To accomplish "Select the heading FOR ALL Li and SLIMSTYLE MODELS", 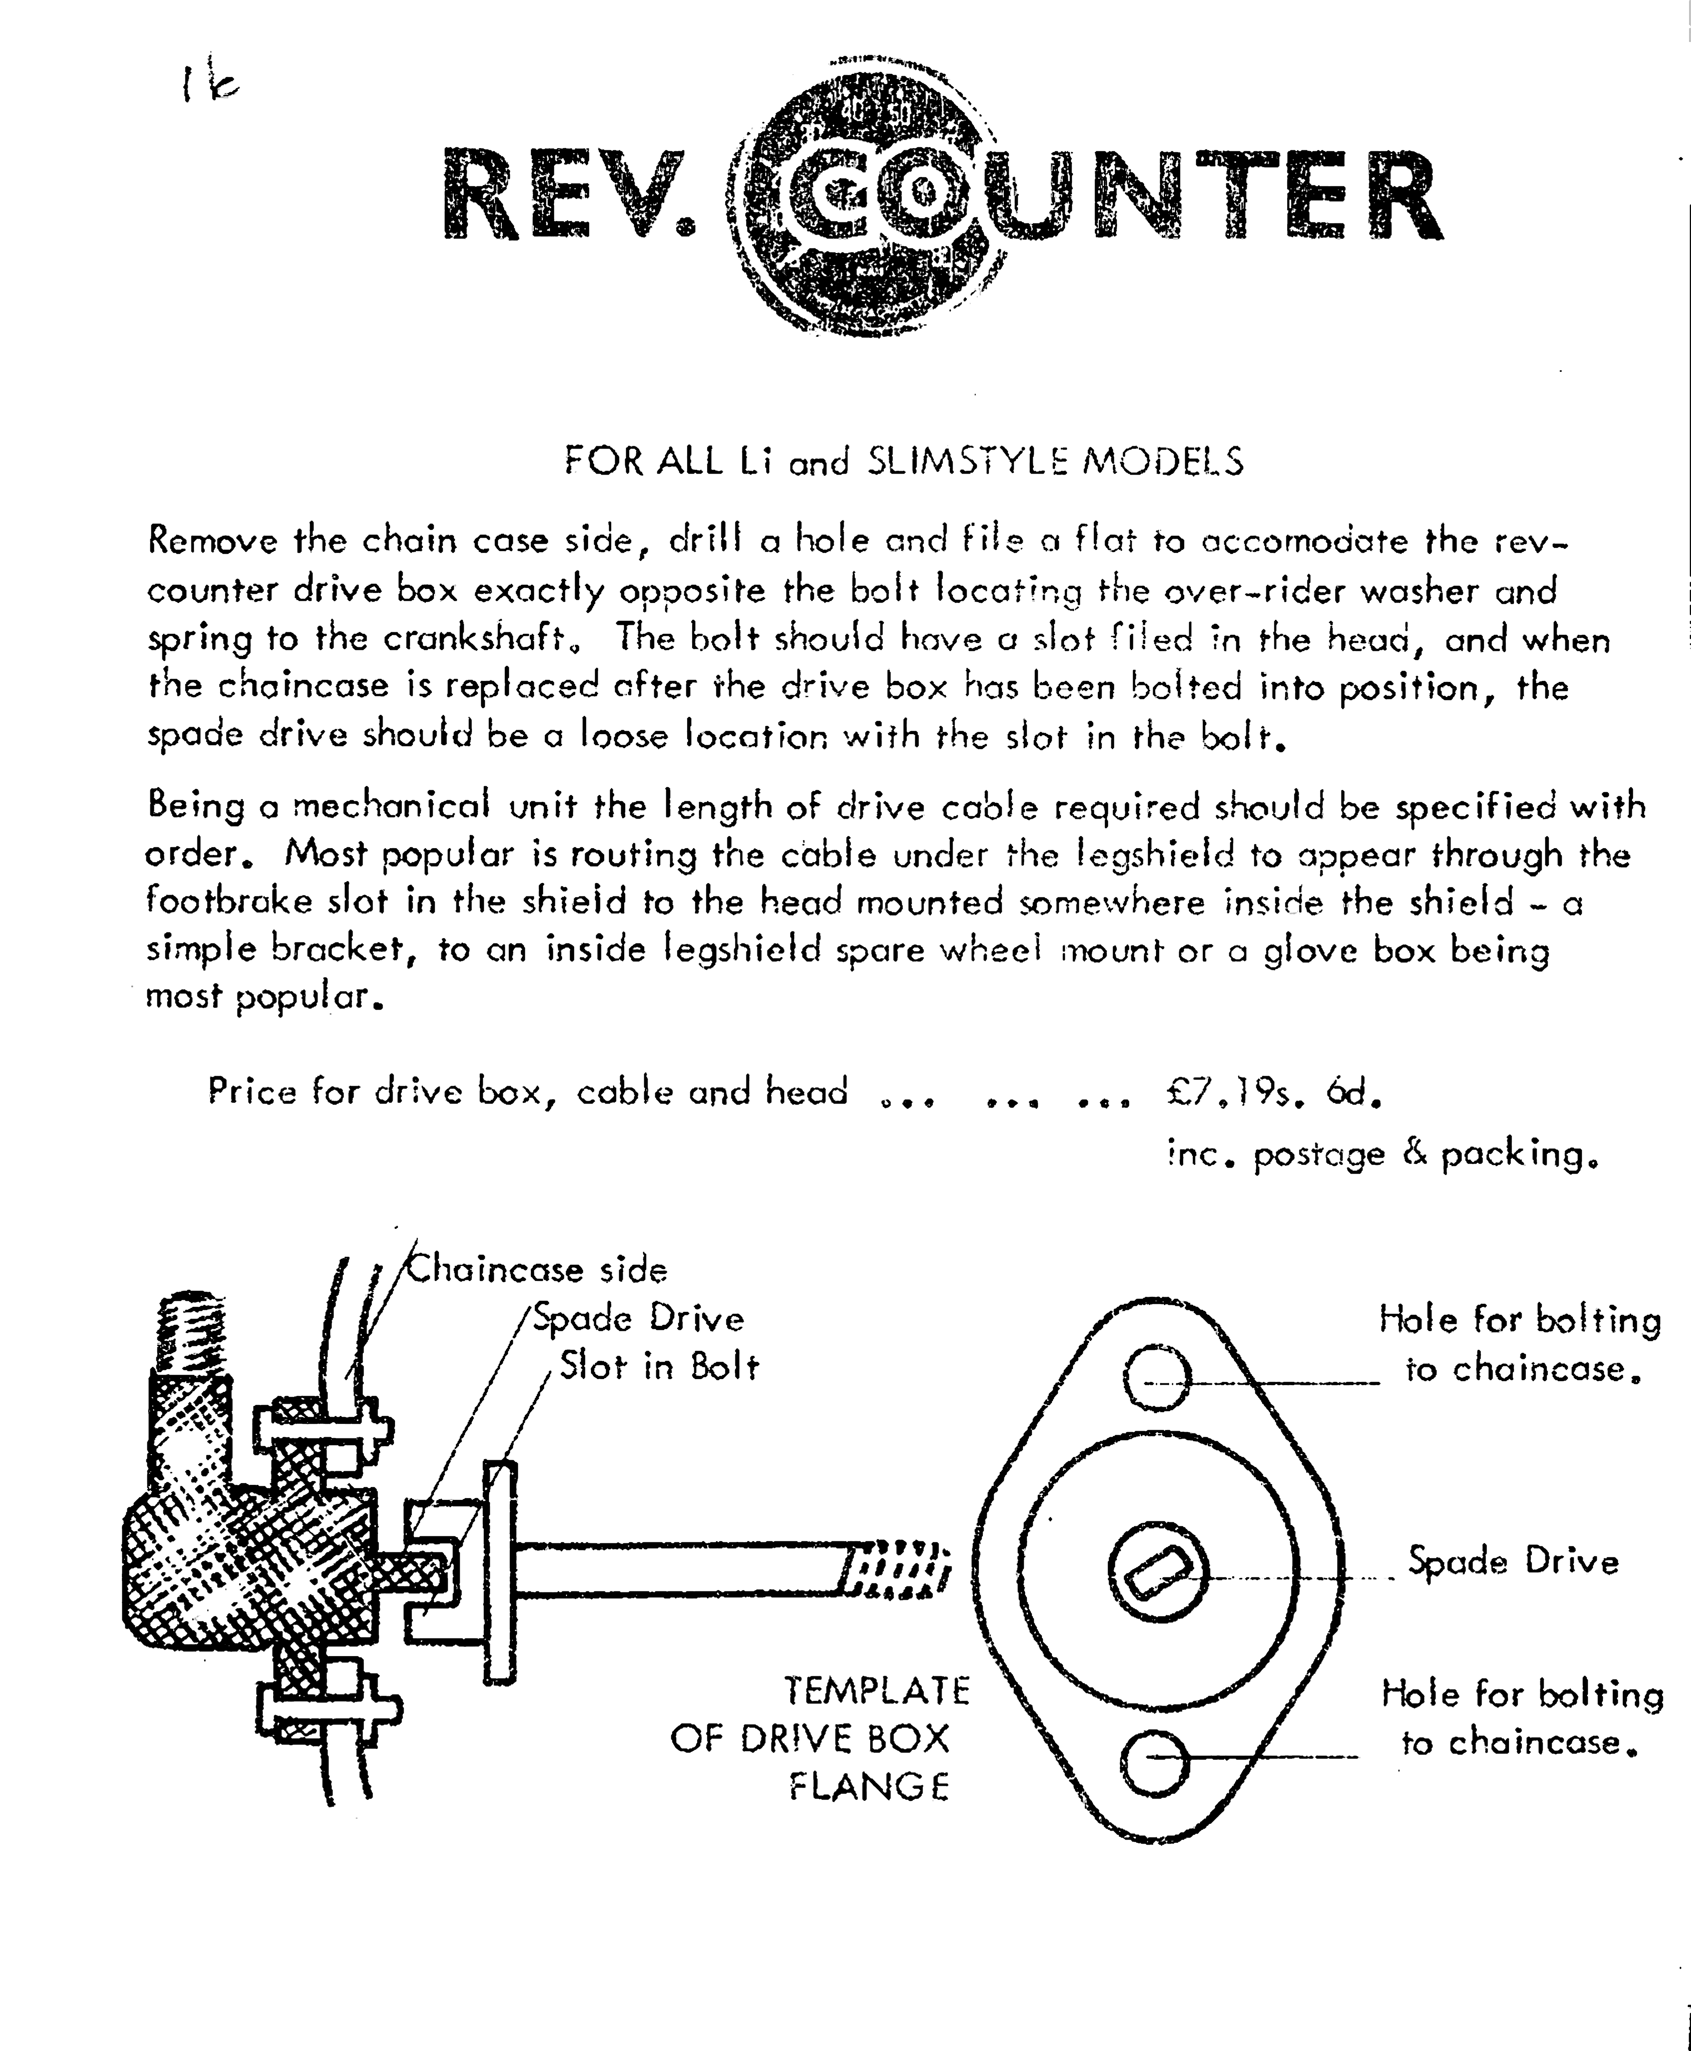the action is [904, 460].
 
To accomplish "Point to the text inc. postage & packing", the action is [1383, 1155].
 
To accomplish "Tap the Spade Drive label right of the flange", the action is [1513, 1561].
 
